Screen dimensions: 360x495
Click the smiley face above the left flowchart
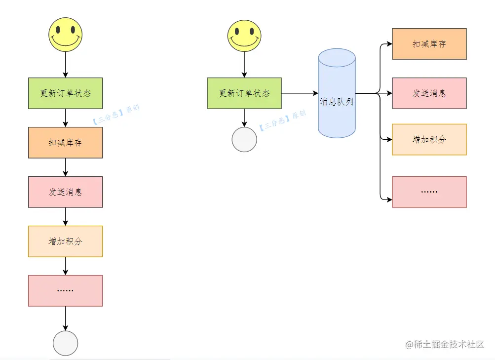coord(65,35)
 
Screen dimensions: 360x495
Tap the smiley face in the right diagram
coord(244,35)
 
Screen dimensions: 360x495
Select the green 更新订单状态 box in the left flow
coord(65,93)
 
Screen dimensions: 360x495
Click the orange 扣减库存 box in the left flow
coord(65,143)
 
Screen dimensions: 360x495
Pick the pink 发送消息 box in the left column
coord(65,192)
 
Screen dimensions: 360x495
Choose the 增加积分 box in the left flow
coord(65,241)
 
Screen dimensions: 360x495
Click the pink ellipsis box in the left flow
coord(65,291)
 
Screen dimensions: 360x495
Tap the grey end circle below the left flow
coord(65,343)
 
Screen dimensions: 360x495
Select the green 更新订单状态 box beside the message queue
coord(244,93)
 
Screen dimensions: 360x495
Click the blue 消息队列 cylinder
coord(337,94)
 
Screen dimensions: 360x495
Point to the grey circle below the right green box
coord(244,140)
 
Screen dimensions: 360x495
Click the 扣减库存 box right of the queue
coord(429,44)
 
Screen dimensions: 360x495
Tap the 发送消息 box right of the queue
coord(429,93)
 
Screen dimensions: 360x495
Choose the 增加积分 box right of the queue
coord(429,140)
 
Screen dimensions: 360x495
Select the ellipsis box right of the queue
coord(429,192)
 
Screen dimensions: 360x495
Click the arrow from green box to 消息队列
coord(300,93)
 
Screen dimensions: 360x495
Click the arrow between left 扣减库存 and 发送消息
coord(65,167)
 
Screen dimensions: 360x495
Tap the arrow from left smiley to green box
coord(65,65)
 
